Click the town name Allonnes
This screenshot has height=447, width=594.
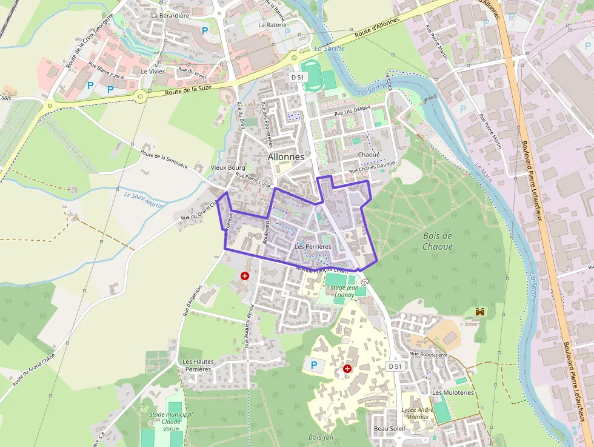click(285, 156)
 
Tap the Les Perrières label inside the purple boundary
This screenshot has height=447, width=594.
click(312, 247)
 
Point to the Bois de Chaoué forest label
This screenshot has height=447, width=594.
click(438, 241)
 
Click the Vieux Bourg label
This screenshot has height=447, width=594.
click(227, 167)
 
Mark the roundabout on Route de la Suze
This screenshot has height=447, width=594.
click(141, 95)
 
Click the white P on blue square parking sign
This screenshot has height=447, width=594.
click(313, 365)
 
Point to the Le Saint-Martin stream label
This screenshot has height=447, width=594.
click(144, 200)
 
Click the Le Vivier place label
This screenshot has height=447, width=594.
click(152, 71)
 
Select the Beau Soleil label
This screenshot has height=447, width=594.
click(389, 428)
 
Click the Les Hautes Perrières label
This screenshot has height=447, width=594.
click(198, 365)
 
